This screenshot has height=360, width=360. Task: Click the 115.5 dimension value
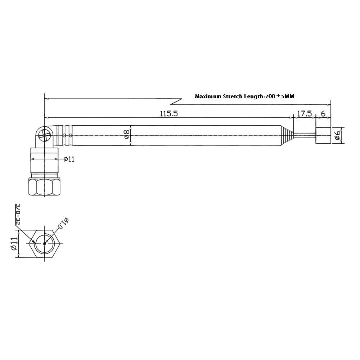click(x=169, y=113)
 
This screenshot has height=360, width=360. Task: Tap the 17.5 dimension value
click(x=304, y=113)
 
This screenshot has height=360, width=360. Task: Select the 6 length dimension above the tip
click(x=323, y=113)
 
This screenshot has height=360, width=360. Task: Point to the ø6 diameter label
click(x=337, y=136)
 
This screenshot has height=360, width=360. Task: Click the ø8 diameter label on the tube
click(x=126, y=135)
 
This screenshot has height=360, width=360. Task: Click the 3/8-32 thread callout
click(x=17, y=214)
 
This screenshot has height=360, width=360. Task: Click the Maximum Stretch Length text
click(x=244, y=96)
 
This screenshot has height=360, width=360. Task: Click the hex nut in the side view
click(x=44, y=186)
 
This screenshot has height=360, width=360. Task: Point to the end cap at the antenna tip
click(x=323, y=136)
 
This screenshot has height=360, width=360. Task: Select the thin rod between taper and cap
click(x=305, y=136)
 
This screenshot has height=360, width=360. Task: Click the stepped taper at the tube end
click(x=287, y=136)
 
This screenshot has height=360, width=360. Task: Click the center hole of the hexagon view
click(x=44, y=243)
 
